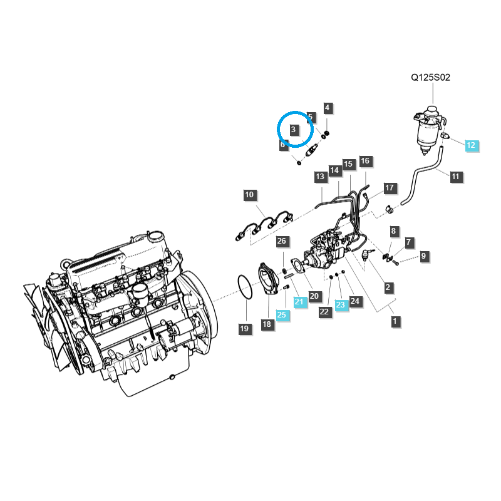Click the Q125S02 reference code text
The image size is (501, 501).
[x=430, y=78]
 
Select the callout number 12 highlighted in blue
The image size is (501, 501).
[x=470, y=145]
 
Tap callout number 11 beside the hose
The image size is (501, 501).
[x=455, y=177]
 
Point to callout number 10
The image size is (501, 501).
[x=249, y=195]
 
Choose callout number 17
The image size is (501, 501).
[x=389, y=188]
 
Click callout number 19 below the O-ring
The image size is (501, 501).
[x=244, y=328]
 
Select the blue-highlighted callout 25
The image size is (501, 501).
[x=282, y=315]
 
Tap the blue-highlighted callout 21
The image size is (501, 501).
[x=299, y=302]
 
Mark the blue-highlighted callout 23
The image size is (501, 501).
[x=340, y=305]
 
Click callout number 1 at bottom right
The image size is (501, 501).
[x=395, y=321]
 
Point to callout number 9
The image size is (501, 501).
[x=423, y=256]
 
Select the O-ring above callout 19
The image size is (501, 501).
[x=244, y=288]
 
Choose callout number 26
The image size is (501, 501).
[x=282, y=242]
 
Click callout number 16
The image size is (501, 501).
[x=365, y=162]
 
